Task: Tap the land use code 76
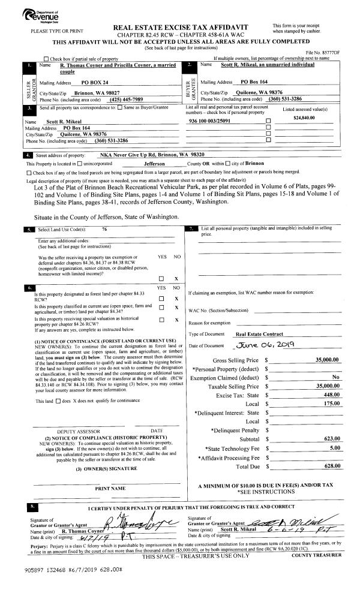[105, 230]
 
